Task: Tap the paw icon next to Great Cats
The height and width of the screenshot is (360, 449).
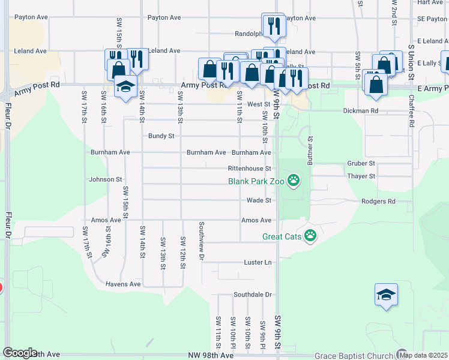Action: coord(310,236)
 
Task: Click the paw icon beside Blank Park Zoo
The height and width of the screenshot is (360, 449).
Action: coord(294,180)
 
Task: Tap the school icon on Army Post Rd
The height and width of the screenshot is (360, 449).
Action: coord(125,88)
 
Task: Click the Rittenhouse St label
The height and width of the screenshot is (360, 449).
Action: coord(250,169)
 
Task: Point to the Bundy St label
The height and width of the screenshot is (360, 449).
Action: coord(161,136)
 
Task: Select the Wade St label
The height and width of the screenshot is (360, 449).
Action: coord(259,200)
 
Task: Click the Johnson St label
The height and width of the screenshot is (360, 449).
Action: coord(106,179)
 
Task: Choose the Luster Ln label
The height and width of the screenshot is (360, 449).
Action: coord(258,263)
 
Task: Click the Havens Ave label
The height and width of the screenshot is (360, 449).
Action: coord(123,284)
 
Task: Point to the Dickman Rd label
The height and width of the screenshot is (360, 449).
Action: coord(378,111)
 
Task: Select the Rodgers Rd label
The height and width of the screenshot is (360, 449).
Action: coord(378,202)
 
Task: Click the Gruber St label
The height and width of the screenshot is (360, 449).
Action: coord(361,163)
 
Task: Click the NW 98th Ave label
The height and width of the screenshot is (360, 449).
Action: coord(209,356)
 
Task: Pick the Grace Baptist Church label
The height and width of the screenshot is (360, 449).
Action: coord(353,356)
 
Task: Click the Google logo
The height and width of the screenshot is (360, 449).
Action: coord(20,353)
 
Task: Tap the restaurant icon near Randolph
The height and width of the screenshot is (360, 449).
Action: coord(274,26)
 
